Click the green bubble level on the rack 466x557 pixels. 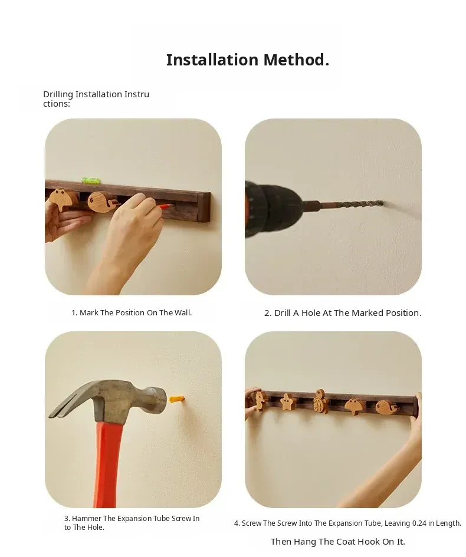[91, 180]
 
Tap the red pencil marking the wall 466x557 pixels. [163, 206]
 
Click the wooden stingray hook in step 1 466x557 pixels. [63, 199]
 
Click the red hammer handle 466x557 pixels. [107, 463]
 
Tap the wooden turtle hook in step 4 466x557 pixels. [321, 402]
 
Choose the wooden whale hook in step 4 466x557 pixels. [387, 407]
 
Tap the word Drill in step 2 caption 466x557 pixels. [283, 313]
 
